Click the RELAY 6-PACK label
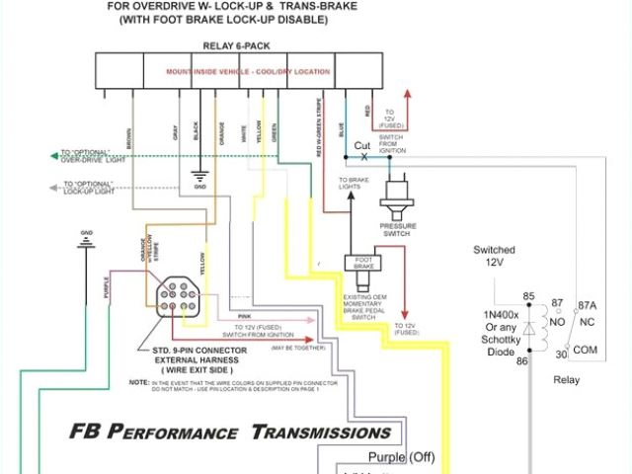coord(242,45)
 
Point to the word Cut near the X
coord(362,145)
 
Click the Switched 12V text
coord(495,257)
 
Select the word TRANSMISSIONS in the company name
coord(320,433)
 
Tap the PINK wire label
coord(245,316)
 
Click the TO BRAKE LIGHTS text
coord(354,183)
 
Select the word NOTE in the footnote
coord(138,381)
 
